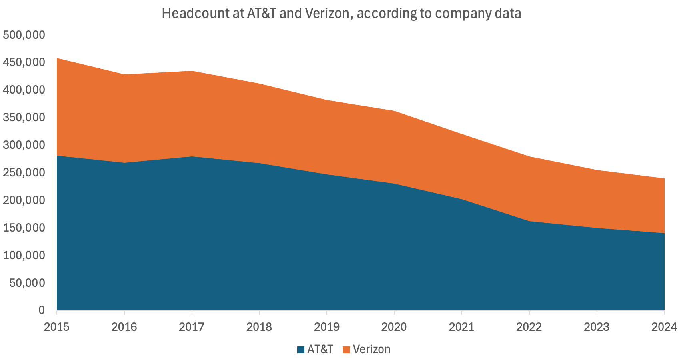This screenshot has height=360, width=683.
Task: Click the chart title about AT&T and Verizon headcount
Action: coord(341,14)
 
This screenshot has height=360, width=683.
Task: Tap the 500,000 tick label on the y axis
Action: coord(24,35)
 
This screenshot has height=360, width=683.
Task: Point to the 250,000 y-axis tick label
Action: coord(24,173)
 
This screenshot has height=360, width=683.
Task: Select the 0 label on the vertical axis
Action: coord(41,310)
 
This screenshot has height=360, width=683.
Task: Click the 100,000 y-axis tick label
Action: coord(24,255)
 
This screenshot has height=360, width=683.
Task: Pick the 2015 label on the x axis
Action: coord(57,327)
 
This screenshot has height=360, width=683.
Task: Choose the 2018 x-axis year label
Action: coord(259,327)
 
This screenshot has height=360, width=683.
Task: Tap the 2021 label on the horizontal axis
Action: coord(462,327)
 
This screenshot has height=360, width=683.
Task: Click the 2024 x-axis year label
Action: coord(664,327)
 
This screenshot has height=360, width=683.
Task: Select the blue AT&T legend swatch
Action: coord(301,350)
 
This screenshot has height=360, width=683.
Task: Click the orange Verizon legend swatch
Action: coord(346,350)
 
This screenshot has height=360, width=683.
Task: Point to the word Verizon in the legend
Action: coord(371,349)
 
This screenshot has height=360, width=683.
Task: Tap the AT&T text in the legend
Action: coord(320,349)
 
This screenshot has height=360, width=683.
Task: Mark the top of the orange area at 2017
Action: coord(192,71)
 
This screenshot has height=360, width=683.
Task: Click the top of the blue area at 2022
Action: coord(529,221)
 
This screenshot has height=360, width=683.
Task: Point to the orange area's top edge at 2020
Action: coord(394,111)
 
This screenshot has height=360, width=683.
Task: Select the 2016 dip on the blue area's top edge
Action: coord(124,163)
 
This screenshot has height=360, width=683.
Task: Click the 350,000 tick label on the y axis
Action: coord(24,118)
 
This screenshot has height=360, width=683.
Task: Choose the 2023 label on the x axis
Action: coord(597,327)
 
